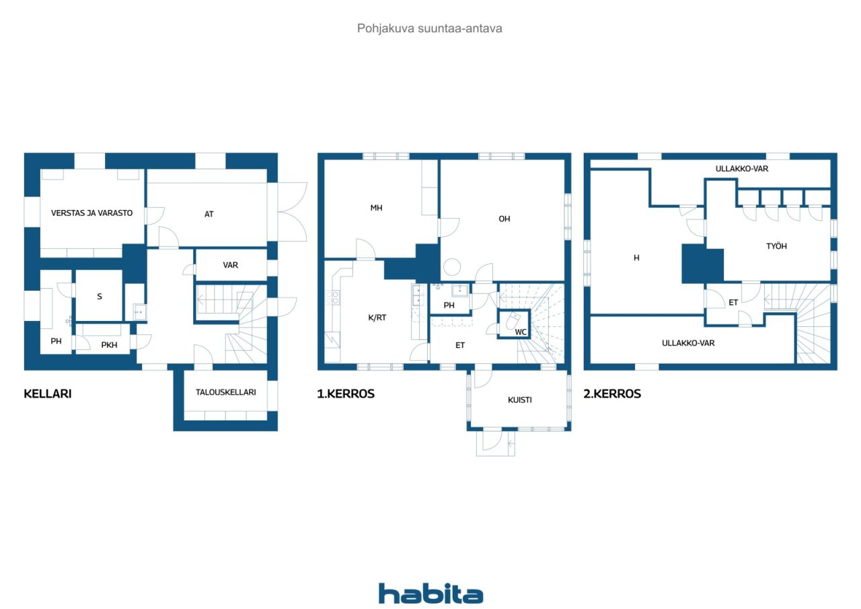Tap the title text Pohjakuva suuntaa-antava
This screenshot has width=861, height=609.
[x=429, y=28]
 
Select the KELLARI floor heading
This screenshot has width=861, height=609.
[x=48, y=394]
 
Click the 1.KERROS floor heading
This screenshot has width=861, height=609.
[x=346, y=394]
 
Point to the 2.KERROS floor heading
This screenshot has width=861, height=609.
[x=612, y=394]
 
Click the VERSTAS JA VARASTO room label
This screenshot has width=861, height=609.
[x=92, y=213]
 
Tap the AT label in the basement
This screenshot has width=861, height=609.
[x=209, y=214]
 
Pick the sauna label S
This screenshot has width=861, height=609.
[x=100, y=297]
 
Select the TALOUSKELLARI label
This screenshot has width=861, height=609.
[x=225, y=392]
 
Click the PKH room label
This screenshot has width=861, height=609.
[x=109, y=345]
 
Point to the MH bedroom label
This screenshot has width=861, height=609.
[x=376, y=208]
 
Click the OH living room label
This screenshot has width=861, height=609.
[x=504, y=219]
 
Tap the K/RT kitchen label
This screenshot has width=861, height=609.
[x=377, y=318]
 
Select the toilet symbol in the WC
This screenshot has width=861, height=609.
[x=513, y=320]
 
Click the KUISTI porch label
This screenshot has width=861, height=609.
[x=520, y=400]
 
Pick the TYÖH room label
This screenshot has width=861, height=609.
[x=776, y=246]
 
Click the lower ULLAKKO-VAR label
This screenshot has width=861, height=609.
[x=688, y=343]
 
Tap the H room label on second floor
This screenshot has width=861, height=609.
[x=636, y=258]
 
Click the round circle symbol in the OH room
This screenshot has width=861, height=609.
[x=452, y=267]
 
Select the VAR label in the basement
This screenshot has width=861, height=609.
[x=231, y=265]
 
